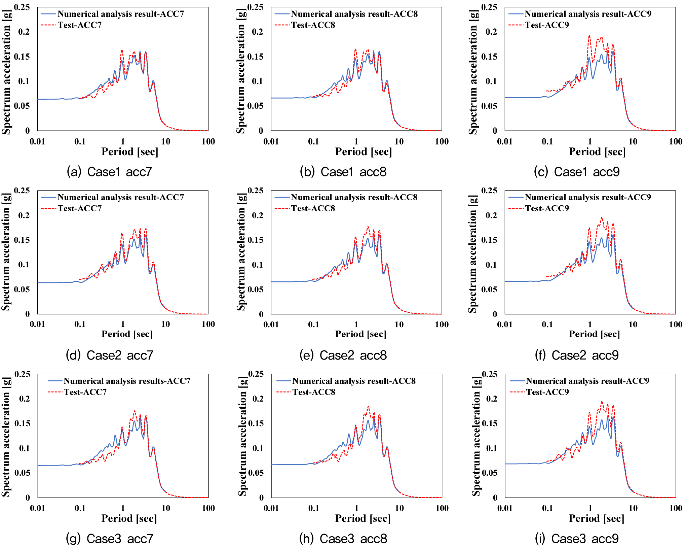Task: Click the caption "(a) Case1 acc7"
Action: click(x=109, y=172)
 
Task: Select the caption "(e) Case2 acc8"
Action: click(x=343, y=355)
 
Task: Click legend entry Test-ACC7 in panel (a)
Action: click(x=80, y=25)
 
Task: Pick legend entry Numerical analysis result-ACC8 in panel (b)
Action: click(x=354, y=14)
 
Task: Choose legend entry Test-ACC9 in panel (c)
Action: click(x=547, y=25)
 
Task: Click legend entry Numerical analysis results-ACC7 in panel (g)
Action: click(x=127, y=381)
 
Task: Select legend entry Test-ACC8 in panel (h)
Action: click(x=314, y=392)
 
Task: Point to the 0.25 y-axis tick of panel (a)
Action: click(x=22, y=7)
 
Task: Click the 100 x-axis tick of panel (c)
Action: click(x=676, y=141)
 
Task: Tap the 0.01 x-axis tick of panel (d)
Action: click(x=37, y=324)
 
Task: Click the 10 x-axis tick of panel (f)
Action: click(x=633, y=325)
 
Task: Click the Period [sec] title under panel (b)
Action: click(x=364, y=152)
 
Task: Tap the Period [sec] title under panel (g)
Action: click(x=129, y=518)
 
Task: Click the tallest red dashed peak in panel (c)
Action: click(x=589, y=36)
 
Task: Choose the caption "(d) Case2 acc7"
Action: click(x=110, y=355)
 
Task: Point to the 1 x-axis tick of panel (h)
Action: click(x=356, y=508)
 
